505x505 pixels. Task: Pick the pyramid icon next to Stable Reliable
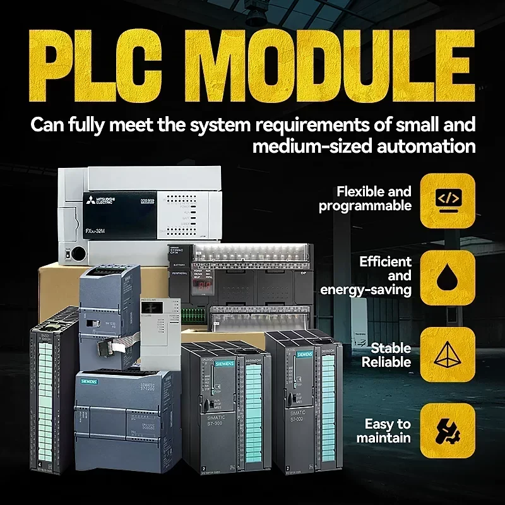coord(448,353)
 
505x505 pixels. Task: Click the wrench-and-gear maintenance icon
coord(448,431)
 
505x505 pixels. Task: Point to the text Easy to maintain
coord(383,431)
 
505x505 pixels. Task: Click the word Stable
coord(391,348)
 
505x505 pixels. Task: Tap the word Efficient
coord(385,261)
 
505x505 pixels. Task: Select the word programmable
coord(365,206)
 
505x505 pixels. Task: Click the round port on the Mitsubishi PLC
coord(78,254)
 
